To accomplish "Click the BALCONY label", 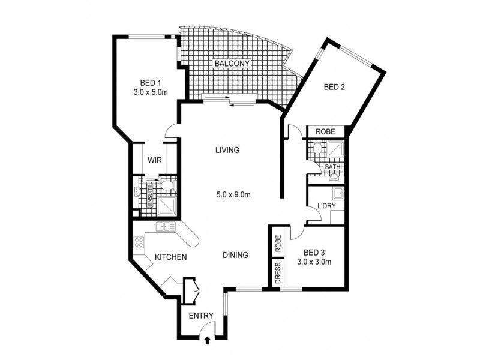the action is (x=232, y=64).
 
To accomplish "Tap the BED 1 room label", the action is (x=151, y=83).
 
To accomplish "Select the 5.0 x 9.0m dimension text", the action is (x=233, y=194).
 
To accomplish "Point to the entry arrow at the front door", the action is (x=208, y=340).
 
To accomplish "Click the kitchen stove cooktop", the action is (x=139, y=242).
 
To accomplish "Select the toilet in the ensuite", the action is (x=168, y=185).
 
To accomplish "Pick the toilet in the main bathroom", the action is (x=317, y=148).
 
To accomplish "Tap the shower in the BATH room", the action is (x=335, y=149).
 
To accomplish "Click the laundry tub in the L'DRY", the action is (x=338, y=193).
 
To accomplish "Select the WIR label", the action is (x=155, y=160).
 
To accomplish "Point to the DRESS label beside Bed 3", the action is (x=278, y=273).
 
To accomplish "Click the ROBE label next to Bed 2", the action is (x=325, y=132).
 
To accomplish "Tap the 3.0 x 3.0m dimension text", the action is (x=314, y=262).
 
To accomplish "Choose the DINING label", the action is (x=235, y=255).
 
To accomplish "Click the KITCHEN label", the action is (x=171, y=257).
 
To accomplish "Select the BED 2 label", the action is (x=335, y=87).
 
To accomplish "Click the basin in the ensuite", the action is (x=137, y=191).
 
